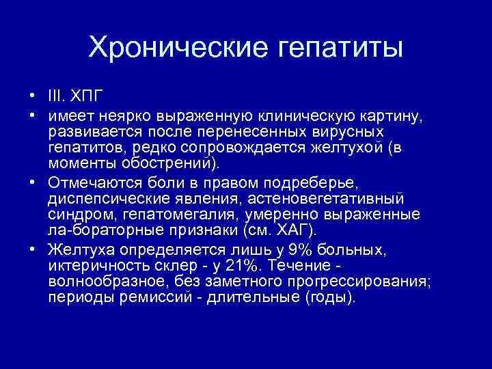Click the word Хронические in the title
pos(176,47)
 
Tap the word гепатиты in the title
pos(334,47)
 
